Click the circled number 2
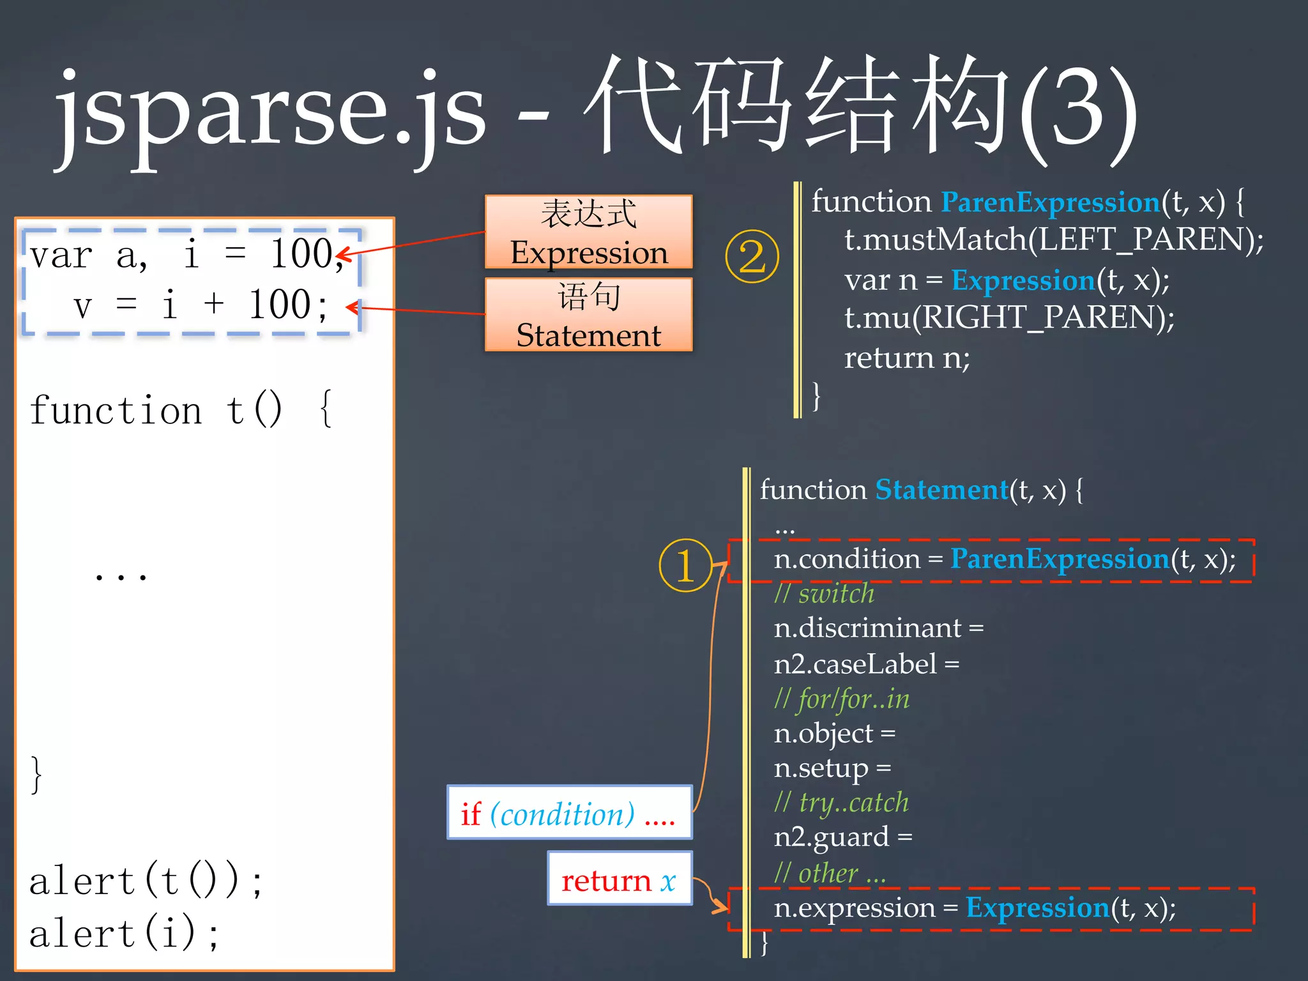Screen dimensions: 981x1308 click(752, 257)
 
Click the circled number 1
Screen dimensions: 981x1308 click(685, 565)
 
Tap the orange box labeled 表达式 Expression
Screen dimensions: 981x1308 click(588, 232)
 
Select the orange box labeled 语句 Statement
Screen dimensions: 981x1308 click(588, 315)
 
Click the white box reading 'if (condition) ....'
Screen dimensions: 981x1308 click(569, 812)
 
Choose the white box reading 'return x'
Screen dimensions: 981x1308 click(620, 879)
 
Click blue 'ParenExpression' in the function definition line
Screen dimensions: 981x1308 click(1050, 202)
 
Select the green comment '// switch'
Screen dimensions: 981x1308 click(824, 594)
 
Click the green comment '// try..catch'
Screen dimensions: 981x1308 click(841, 802)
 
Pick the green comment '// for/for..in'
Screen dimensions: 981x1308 click(842, 699)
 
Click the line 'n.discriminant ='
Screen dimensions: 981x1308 click(878, 628)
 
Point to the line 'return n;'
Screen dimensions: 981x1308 click(907, 358)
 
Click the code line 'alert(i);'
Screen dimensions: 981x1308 click(125, 932)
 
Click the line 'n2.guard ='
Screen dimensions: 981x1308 click(842, 837)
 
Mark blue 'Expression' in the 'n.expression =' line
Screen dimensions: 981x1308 click(1037, 908)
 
